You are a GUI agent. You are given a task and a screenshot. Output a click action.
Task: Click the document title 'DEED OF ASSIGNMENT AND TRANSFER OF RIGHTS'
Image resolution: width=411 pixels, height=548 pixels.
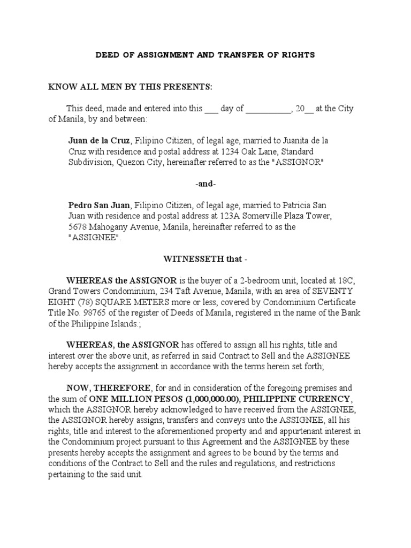pyautogui.click(x=205, y=55)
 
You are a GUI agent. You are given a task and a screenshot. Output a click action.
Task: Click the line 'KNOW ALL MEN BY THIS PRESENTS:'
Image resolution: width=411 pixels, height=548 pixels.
pyautogui.click(x=131, y=87)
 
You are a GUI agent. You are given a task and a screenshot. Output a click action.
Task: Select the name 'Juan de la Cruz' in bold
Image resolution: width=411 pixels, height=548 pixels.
pyautogui.click(x=99, y=141)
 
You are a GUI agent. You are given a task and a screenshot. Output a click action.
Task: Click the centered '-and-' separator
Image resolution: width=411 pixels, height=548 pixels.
pyautogui.click(x=205, y=184)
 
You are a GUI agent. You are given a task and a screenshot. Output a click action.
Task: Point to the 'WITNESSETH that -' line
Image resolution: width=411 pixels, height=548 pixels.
pyautogui.click(x=205, y=260)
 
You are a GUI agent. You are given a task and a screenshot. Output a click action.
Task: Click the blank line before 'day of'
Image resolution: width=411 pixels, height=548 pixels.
pyautogui.click(x=211, y=109)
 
